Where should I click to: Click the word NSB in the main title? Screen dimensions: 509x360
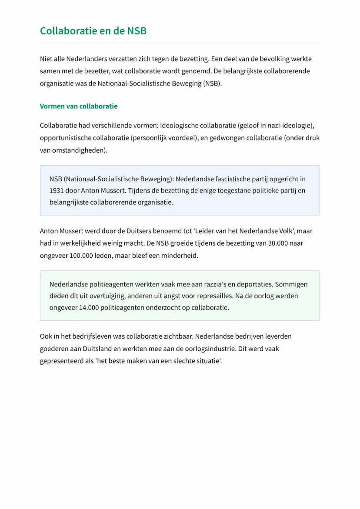(136, 31)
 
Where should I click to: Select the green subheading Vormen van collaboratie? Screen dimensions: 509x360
(79, 106)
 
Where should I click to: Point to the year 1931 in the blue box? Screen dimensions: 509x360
(57, 190)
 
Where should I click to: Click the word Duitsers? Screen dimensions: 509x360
(133, 231)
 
